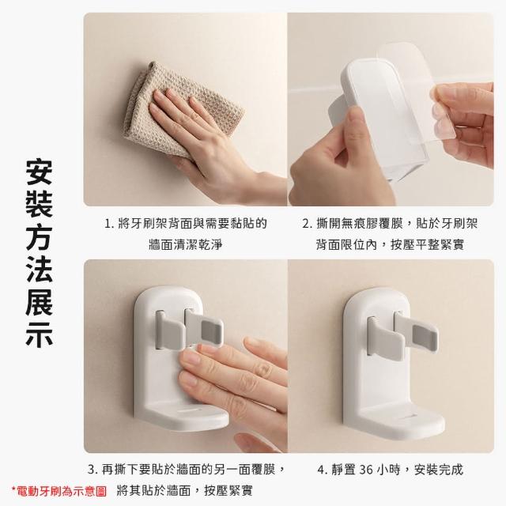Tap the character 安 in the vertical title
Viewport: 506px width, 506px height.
[39, 172]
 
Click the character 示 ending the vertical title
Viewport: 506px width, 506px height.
[39, 334]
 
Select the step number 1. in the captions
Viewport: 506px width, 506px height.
[109, 224]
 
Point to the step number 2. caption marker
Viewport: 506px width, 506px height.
[308, 224]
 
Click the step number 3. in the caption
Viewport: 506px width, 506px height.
[93, 470]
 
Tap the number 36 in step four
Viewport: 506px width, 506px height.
[365, 470]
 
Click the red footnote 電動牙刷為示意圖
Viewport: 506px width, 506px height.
[59, 492]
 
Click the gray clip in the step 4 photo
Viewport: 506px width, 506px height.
[402, 334]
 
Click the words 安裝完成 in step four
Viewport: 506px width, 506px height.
[438, 470]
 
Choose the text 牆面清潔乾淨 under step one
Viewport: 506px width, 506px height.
[186, 244]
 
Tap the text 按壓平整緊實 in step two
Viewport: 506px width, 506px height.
[427, 244]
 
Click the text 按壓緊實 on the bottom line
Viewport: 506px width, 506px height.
[228, 492]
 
